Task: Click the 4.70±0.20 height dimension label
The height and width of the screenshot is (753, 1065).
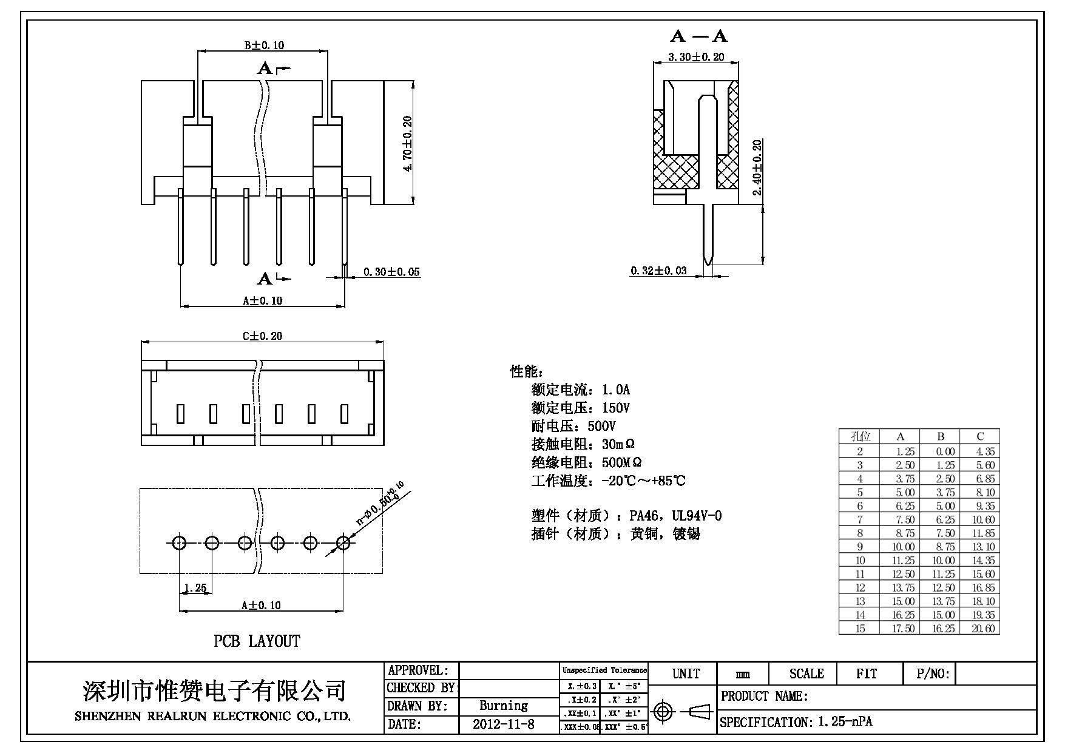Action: click(407, 143)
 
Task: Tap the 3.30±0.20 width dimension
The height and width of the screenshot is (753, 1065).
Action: click(696, 57)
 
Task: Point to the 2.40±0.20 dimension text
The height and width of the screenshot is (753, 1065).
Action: click(757, 167)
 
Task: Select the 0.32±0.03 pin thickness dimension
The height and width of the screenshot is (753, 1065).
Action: click(658, 271)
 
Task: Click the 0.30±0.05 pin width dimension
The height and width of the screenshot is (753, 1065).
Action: click(391, 272)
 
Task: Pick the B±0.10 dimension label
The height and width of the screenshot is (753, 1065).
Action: click(264, 45)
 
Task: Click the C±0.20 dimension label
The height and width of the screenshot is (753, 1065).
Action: click(262, 336)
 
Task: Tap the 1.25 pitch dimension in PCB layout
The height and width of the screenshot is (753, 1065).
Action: click(195, 588)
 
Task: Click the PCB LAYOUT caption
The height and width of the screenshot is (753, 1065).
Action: click(257, 641)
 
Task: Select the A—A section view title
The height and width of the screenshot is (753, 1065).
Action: click(698, 36)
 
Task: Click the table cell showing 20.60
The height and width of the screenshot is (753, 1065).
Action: click(983, 629)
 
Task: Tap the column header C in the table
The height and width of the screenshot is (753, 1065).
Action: click(980, 436)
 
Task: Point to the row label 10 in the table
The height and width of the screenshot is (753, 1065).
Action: click(860, 561)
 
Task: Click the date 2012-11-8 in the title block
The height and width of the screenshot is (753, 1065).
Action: click(503, 724)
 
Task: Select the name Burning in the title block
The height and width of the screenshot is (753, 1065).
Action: click(503, 706)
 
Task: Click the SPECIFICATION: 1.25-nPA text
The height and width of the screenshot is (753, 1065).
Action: click(796, 722)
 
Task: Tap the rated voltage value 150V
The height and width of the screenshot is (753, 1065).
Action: click(616, 408)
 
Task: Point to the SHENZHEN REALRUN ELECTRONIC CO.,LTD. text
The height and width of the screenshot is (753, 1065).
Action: click(212, 717)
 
